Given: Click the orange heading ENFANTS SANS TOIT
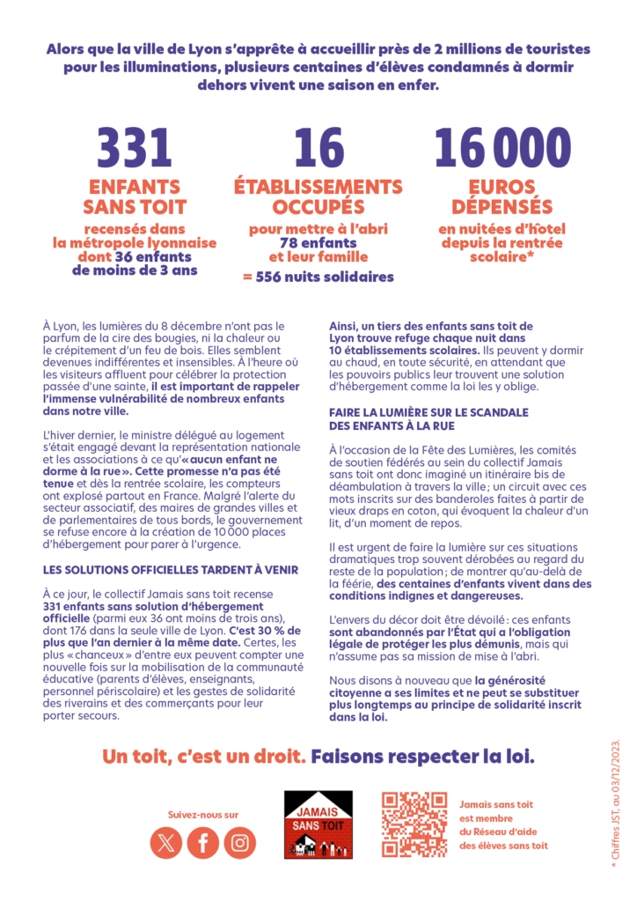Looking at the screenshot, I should pos(135,197).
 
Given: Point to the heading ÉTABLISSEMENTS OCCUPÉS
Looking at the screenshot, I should pos(318,197).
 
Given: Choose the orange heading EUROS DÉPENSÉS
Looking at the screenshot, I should pos(502,197).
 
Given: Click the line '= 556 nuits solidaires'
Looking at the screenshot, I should pos(318,277).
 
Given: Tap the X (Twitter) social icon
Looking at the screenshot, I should pos(165,843).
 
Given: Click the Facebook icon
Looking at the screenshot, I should pos(203,843).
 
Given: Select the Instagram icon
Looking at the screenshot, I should pos(239,843).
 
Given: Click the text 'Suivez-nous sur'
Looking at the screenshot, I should pos(202,814).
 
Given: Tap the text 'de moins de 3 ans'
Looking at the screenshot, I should pos(135,270).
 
